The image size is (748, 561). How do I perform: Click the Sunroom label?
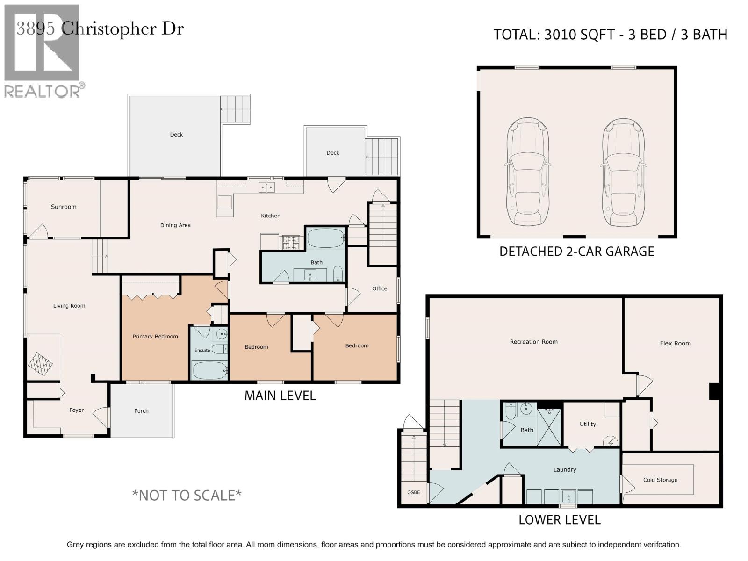[64, 207]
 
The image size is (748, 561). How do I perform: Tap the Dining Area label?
[175, 225]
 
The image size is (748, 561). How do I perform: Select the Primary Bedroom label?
[155, 337]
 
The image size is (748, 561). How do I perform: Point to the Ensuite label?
[202, 350]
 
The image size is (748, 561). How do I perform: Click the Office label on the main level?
[379, 288]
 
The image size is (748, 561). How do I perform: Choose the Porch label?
[141, 411]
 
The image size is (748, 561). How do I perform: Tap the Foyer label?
[76, 410]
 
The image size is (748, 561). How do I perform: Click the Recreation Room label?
[534, 342]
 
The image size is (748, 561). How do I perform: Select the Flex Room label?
[675, 343]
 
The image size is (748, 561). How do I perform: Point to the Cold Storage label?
[660, 480]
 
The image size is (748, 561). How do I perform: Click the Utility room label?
[588, 424]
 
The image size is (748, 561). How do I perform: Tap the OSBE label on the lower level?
[413, 492]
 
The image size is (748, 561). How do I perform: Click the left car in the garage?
[527, 172]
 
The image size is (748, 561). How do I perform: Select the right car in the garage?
[623, 172]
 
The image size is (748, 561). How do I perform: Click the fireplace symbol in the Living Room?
[40, 365]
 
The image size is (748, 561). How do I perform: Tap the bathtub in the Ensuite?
[209, 370]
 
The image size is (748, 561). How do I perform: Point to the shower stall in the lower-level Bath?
[549, 427]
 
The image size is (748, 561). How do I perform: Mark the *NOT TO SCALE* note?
[187, 496]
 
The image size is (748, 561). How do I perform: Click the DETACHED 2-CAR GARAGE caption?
[576, 252]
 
